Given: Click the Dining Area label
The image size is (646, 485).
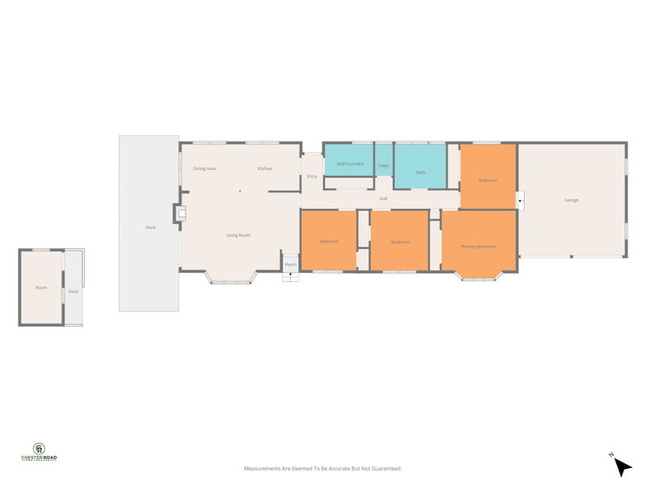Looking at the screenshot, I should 204,168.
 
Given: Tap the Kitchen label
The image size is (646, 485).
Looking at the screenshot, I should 264,168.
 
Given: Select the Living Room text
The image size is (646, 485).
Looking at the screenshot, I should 237,235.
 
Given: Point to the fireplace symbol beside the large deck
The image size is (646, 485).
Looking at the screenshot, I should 180,213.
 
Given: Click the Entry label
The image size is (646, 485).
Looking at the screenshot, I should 312,176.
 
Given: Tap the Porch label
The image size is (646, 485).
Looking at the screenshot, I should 291,264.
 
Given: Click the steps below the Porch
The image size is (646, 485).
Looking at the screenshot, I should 291,276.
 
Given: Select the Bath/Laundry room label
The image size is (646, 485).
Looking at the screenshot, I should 350,164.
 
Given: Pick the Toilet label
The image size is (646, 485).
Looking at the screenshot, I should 383,166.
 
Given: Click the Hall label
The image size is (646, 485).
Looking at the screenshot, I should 384,199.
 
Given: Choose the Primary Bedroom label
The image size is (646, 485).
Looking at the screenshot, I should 478,247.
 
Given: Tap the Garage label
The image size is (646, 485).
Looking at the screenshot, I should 571,200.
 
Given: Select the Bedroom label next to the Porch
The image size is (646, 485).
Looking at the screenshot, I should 329,242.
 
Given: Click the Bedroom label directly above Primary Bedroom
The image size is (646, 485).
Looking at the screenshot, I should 488,179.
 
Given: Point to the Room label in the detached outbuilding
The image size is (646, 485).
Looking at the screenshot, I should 41,288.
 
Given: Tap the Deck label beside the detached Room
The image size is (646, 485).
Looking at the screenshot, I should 73,291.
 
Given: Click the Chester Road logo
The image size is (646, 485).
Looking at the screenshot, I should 39,452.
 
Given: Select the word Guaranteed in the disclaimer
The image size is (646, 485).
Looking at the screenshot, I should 384,468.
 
